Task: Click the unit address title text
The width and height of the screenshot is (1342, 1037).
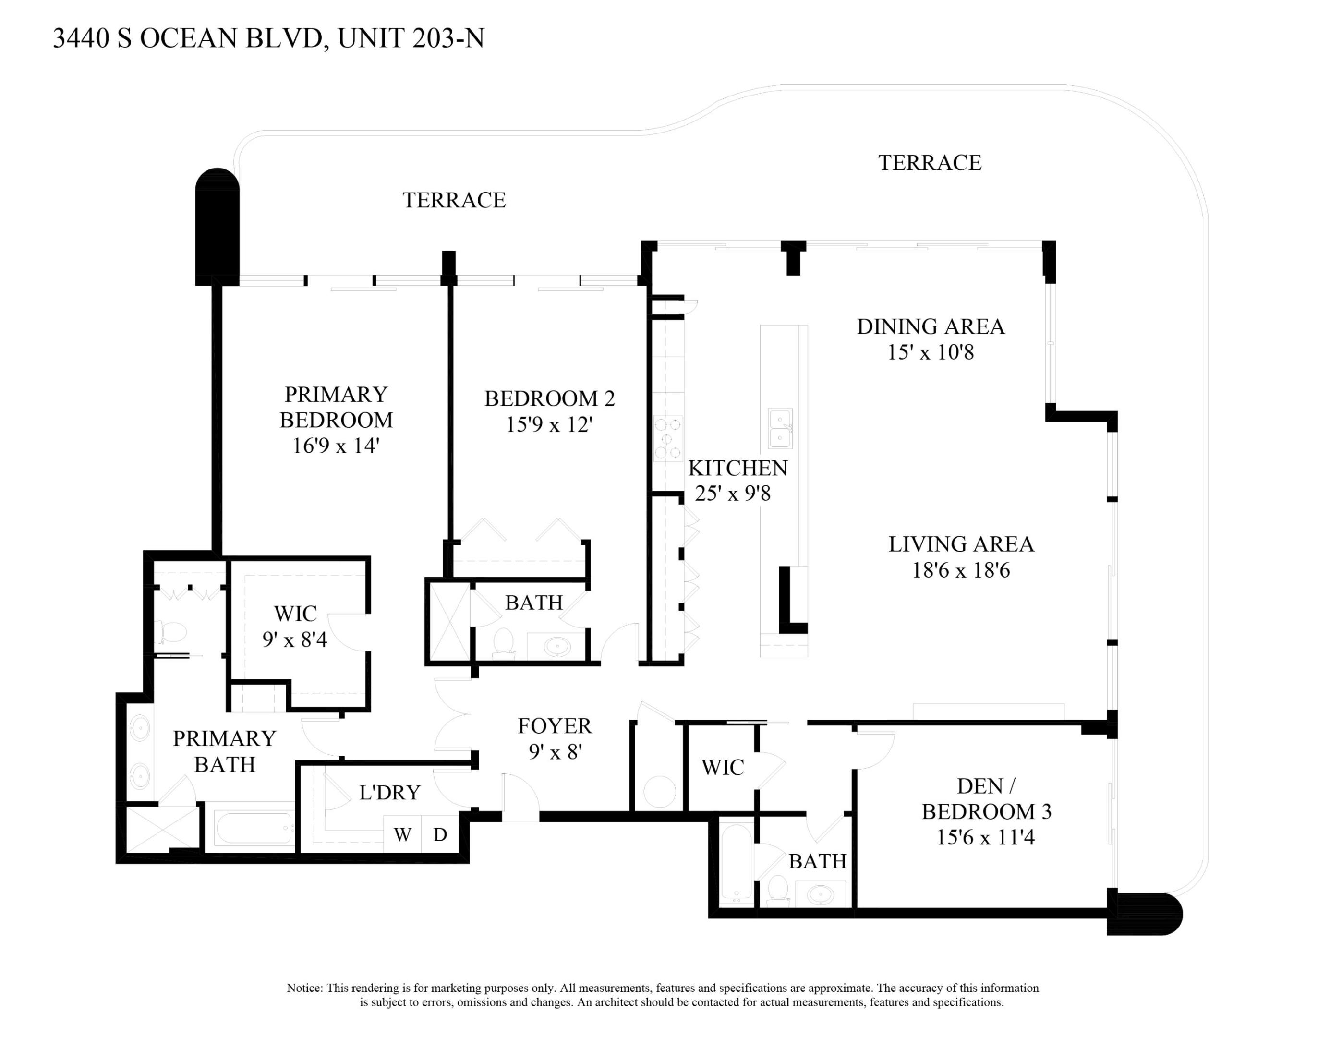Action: (x=268, y=38)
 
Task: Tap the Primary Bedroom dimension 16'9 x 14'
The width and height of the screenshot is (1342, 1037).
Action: (x=336, y=446)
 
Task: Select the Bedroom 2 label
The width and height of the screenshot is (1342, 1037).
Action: (x=549, y=398)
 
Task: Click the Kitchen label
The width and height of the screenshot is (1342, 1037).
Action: (x=737, y=468)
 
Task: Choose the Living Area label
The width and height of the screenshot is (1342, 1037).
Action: (x=961, y=544)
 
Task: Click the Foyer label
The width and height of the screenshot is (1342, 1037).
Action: (x=554, y=726)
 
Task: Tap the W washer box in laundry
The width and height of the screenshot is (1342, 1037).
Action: (x=402, y=834)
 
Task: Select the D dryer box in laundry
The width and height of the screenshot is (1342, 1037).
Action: (x=440, y=834)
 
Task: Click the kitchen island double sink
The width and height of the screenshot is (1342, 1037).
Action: (x=780, y=428)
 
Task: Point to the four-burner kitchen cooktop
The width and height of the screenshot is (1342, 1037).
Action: (x=668, y=438)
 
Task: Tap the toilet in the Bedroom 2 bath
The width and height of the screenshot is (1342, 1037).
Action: (x=504, y=642)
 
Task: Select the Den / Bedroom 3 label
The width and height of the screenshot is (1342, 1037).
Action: (x=986, y=799)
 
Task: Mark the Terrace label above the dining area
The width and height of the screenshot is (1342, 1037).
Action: (x=929, y=163)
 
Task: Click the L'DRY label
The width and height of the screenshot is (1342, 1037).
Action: (x=389, y=793)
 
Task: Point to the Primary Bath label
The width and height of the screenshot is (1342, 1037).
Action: (x=224, y=751)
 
